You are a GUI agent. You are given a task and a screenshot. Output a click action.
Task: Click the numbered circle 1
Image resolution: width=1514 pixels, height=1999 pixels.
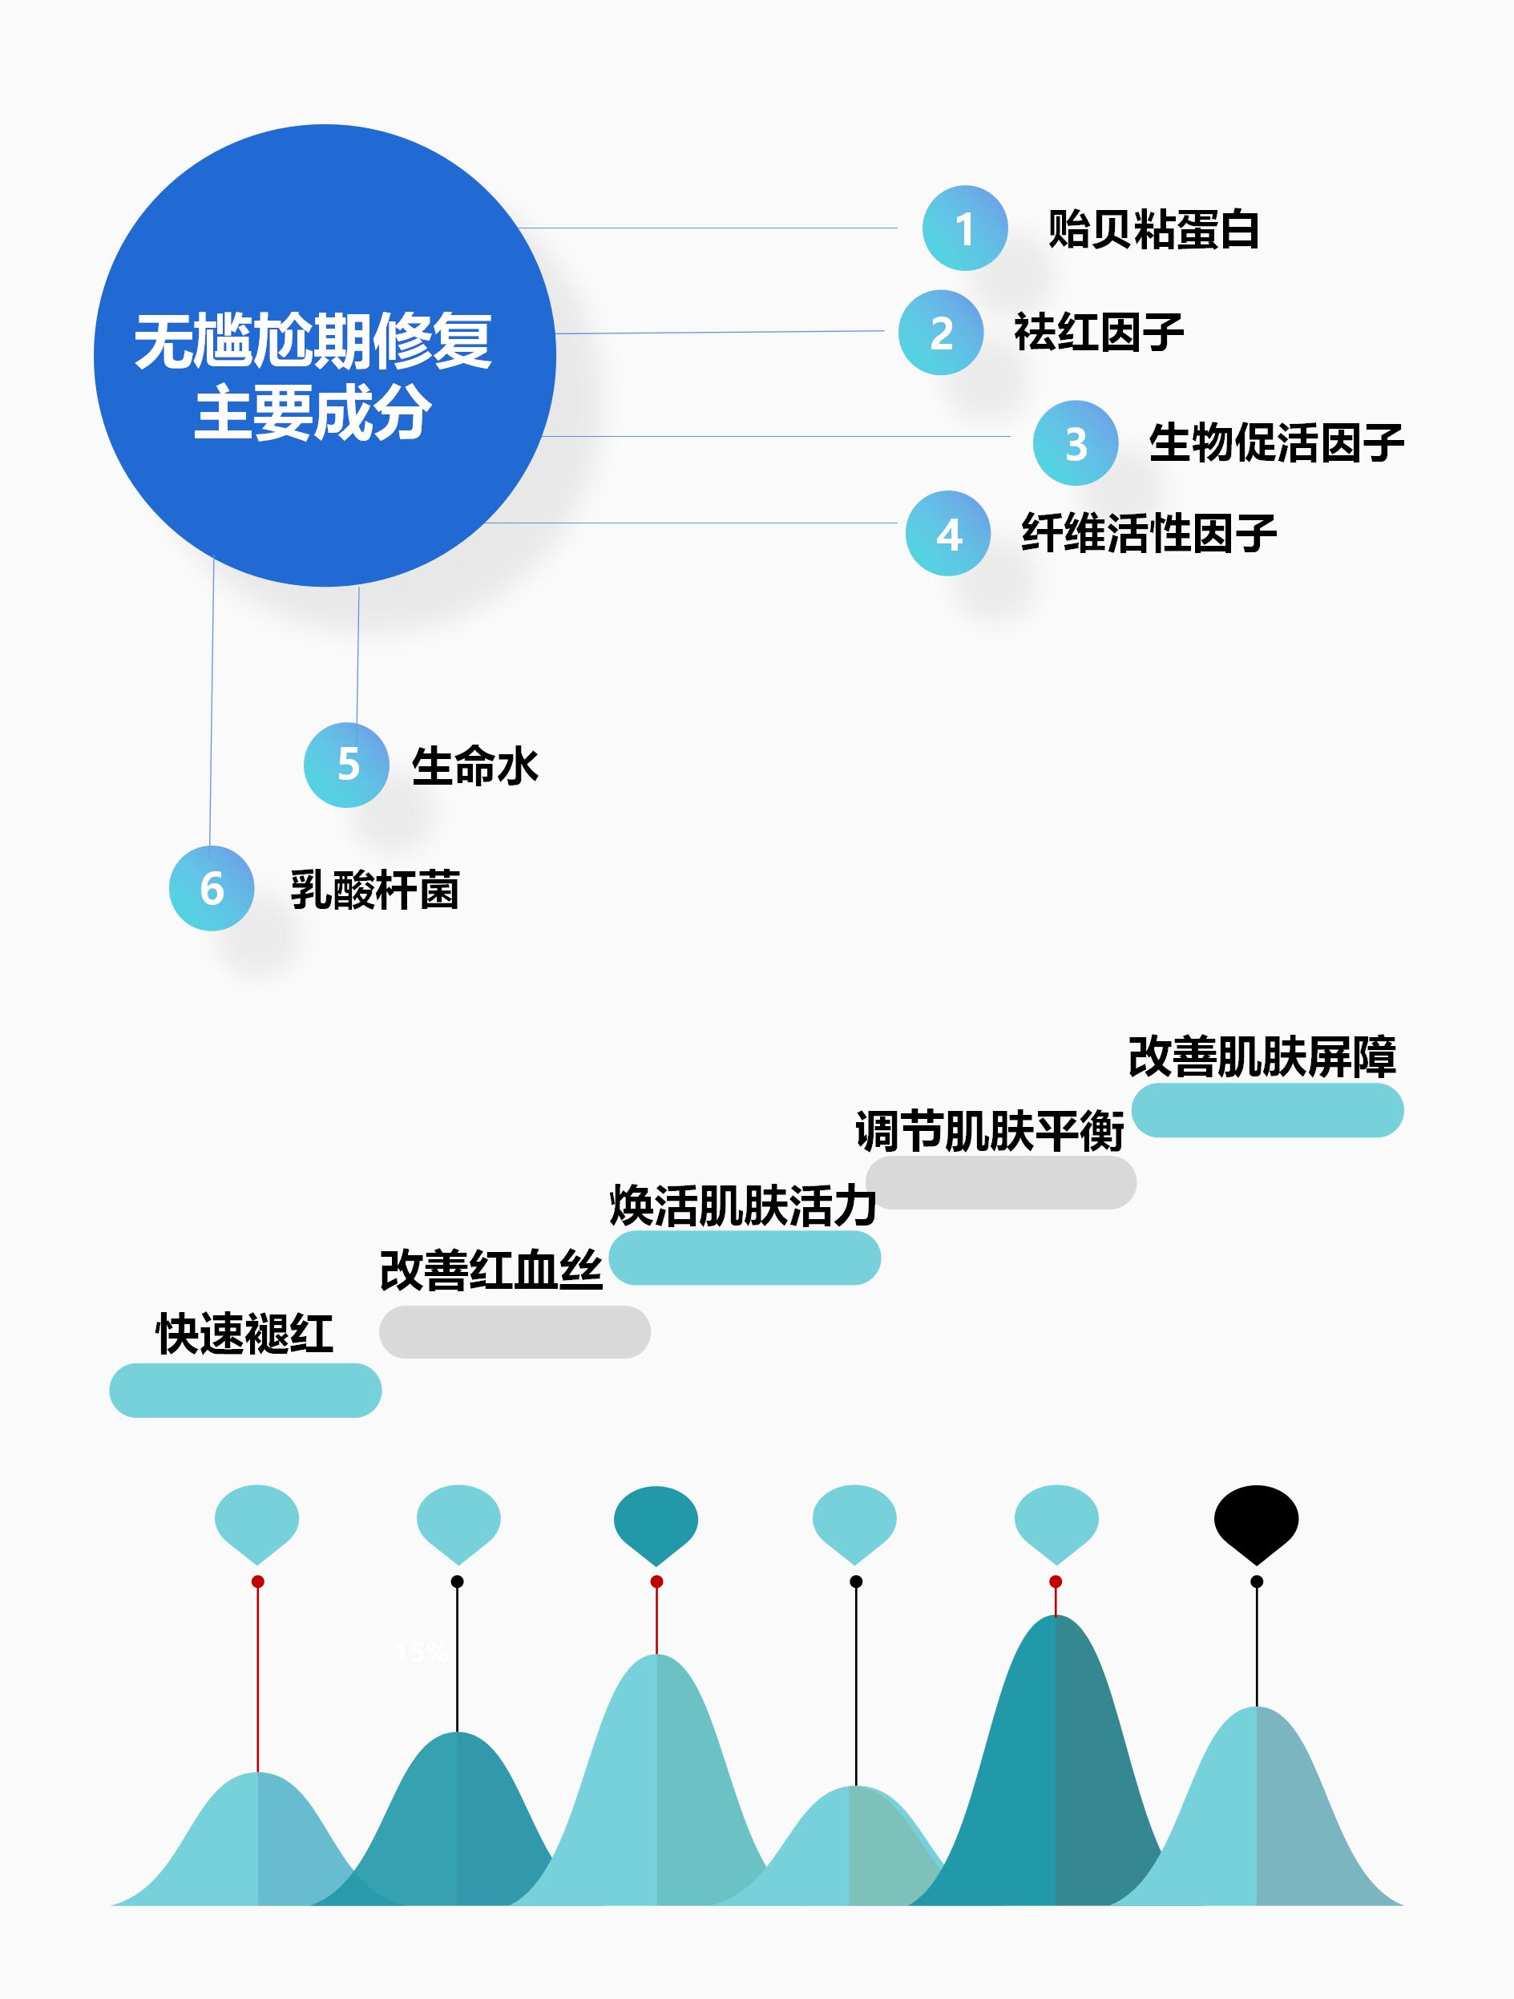[964, 228]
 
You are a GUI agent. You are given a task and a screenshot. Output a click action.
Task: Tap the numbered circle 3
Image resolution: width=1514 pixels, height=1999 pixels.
[1076, 442]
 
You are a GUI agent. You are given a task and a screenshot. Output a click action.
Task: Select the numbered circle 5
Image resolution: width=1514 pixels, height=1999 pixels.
[346, 765]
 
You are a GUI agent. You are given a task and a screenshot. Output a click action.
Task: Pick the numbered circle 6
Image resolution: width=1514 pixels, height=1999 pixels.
[212, 888]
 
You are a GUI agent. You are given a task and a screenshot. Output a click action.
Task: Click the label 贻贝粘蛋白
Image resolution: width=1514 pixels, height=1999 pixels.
[1153, 229]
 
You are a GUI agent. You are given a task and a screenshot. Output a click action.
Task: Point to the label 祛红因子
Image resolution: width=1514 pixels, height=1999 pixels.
[1098, 333]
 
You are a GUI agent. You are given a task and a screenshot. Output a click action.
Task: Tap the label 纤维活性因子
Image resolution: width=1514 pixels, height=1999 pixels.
[1149, 533]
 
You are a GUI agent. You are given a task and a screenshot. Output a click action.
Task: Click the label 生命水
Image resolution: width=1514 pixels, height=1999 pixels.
[474, 766]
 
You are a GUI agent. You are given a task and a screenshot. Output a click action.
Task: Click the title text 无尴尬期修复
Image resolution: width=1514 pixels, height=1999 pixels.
[313, 341]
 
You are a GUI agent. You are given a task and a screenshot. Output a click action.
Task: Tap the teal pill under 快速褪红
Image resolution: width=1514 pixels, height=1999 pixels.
[245, 1390]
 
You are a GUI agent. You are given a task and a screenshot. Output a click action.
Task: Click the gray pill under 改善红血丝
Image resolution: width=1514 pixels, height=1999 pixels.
[515, 1331]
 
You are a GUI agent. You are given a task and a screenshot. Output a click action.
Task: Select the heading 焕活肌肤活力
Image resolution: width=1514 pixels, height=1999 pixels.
[743, 1205]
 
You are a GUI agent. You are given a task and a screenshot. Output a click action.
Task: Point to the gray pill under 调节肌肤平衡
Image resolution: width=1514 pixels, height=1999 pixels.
[1000, 1182]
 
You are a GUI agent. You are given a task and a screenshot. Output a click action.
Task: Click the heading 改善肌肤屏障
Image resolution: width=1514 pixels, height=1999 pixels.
[1262, 1056]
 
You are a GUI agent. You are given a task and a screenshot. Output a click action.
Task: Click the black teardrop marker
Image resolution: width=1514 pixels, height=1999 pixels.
[1255, 1522]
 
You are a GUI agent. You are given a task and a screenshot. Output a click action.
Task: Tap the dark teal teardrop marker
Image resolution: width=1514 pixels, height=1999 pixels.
[656, 1522]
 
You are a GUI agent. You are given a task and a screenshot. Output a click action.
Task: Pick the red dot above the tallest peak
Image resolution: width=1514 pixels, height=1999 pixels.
[1055, 1581]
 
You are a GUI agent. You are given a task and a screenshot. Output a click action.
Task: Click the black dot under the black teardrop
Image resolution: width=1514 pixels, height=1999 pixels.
[1257, 1581]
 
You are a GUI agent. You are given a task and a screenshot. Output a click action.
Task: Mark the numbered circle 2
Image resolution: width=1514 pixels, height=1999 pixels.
[941, 333]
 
